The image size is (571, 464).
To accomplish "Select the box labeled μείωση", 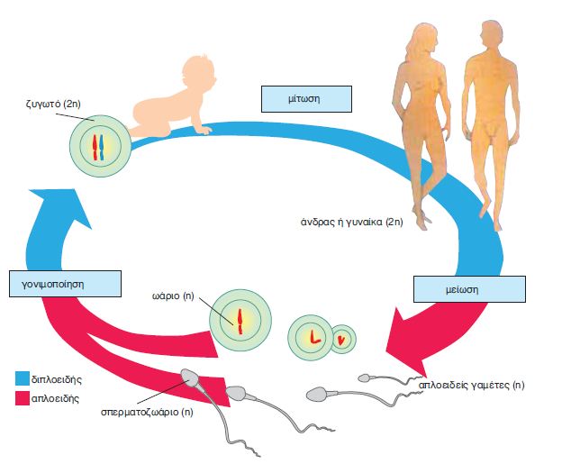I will pyautogui.click(x=458, y=289).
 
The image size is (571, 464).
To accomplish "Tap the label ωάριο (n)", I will pyautogui.click(x=174, y=295).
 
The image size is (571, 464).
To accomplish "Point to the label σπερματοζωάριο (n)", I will pyautogui.click(x=148, y=413).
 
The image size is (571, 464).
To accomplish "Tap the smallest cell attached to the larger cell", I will pyautogui.click(x=342, y=340).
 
